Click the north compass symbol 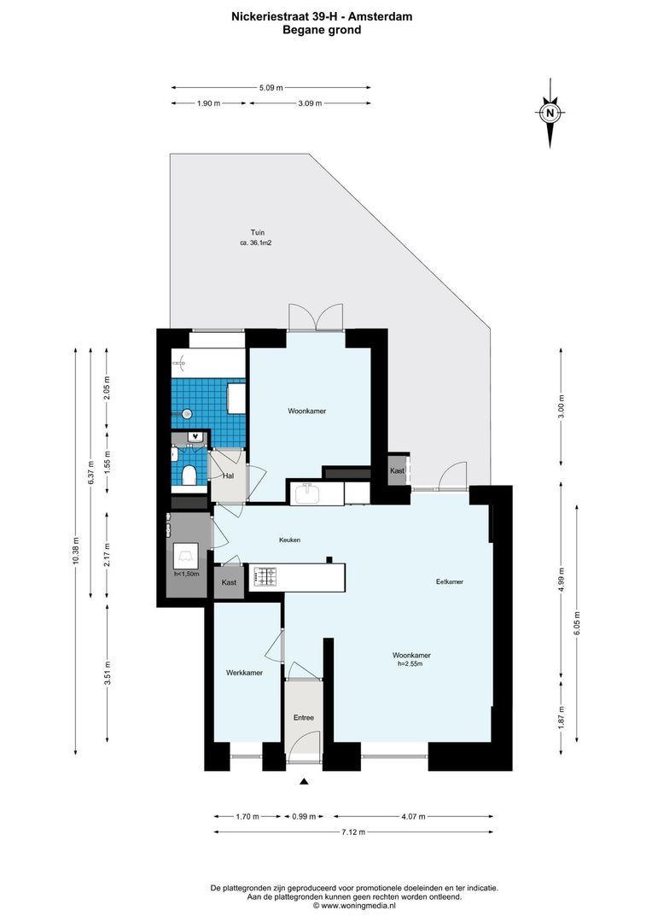pos(550,113)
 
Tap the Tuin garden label pos(256,232)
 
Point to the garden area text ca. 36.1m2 pos(256,242)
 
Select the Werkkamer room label pos(244,673)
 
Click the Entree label pos(304,717)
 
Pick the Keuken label pos(289,540)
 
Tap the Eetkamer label pos(449,581)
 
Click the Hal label pos(229,476)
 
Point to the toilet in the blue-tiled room pos(189,474)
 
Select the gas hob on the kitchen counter pos(265,578)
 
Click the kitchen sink pos(306,493)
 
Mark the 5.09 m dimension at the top pos(271,87)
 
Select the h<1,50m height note pos(186,575)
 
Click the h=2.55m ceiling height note pos(410,663)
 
